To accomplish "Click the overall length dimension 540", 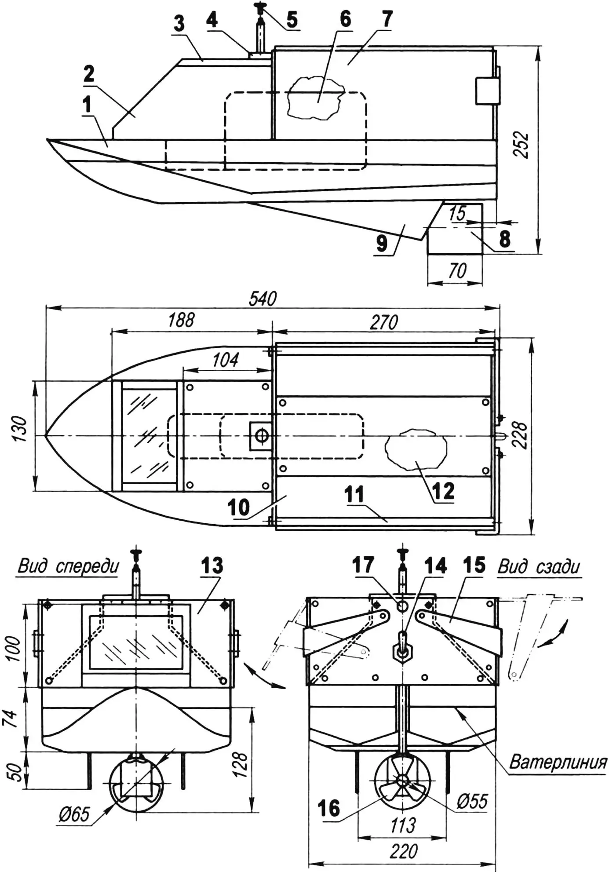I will (263, 299).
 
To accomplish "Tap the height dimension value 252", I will (522, 145).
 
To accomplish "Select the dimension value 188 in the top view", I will (181, 321).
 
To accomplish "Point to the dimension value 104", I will (225, 360).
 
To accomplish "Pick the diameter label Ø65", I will (74, 815).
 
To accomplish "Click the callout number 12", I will (443, 491).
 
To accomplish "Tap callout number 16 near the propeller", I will (329, 808).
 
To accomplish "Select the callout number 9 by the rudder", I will (382, 243).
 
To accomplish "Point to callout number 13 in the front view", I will (212, 566).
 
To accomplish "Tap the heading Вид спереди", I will (68, 566).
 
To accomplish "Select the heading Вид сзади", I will (539, 567).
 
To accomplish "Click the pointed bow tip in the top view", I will (47, 435).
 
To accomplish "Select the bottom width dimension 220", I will (403, 852).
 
